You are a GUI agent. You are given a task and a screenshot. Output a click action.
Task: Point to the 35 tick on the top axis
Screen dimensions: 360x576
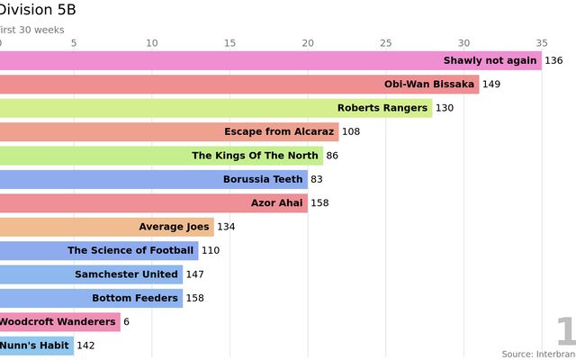pos(541,42)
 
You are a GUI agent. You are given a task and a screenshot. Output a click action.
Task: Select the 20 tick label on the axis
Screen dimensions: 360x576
pos(308,42)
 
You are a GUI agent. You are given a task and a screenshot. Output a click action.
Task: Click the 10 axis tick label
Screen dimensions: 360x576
pos(151,42)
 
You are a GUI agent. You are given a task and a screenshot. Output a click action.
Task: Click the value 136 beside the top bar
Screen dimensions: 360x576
pos(553,61)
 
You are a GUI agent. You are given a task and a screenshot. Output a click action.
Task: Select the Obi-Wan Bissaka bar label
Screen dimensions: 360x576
pos(429,85)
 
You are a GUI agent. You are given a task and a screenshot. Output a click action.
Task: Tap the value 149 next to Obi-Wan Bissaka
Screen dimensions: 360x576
pos(491,85)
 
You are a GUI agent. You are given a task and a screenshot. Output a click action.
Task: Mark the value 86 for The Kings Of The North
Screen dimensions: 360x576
pos(332,156)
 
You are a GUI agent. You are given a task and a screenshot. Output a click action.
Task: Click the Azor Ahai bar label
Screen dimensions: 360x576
pos(277,202)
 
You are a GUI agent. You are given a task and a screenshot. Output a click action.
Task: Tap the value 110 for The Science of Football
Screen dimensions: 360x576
pos(211,250)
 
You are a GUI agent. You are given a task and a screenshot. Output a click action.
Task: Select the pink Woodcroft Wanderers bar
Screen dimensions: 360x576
pos(59,321)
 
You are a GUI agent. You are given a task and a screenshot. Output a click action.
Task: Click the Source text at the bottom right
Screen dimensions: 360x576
pos(538,354)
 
